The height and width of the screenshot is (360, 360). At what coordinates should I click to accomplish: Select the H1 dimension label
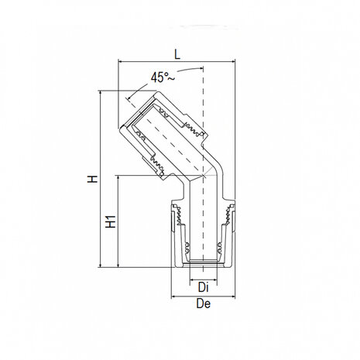pos(110,221)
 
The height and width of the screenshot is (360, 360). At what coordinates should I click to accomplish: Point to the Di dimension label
pos(203,287)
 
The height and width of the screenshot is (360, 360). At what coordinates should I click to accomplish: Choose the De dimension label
pos(204,303)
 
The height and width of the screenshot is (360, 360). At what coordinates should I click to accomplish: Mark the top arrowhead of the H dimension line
pos(102,94)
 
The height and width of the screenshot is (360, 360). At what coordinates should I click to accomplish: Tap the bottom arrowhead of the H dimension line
pos(102,265)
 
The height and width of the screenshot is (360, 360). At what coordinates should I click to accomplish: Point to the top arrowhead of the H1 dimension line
pos(118,177)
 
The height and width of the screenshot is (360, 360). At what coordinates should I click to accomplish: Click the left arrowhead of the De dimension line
pos(173,295)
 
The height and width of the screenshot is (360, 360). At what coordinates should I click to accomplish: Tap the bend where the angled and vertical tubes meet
pos(202,174)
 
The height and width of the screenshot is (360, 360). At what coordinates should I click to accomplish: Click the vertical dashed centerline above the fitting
pos(203,85)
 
